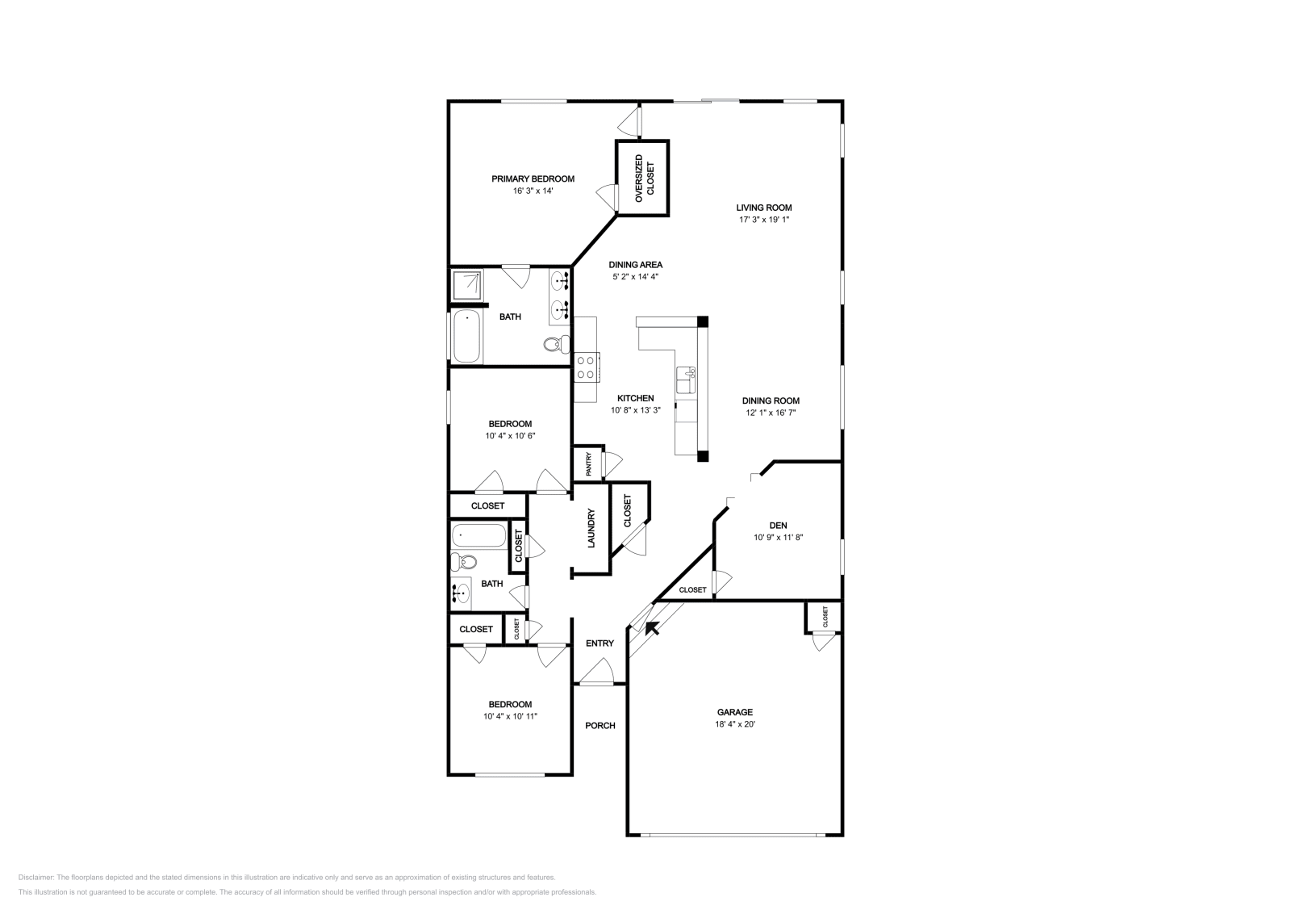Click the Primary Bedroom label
point(533,179)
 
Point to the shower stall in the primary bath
point(468,285)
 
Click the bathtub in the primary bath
point(466,337)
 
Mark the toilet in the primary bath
point(554,345)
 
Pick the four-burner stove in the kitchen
point(586,367)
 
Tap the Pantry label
point(588,463)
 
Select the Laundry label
point(591,528)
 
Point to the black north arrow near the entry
point(652,627)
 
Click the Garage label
point(734,712)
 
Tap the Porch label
point(600,726)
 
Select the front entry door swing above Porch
point(599,673)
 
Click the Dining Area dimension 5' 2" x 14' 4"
point(635,277)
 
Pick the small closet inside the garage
point(824,618)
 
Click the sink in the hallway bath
point(461,595)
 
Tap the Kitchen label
point(635,398)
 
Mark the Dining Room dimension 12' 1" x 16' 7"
point(771,413)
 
